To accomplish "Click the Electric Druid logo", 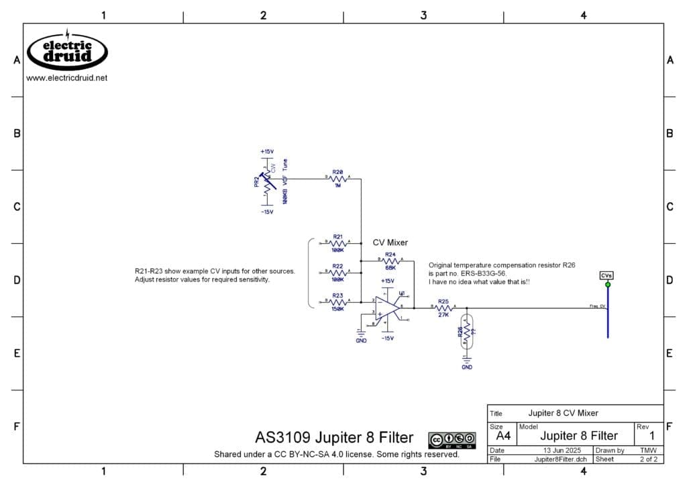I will [66, 52].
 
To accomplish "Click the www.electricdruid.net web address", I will [66, 78].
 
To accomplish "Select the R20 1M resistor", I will [338, 179].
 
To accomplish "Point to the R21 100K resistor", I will [338, 243].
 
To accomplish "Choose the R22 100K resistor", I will [338, 273].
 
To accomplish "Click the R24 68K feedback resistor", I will [390, 260].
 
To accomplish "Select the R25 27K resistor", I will [443, 308].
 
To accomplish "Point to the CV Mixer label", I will [390, 242].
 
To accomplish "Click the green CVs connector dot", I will [608, 285].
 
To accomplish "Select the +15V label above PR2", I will [266, 152].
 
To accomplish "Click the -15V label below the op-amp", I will [387, 339].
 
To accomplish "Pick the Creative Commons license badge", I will [452, 440].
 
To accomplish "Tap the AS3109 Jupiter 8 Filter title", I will [334, 437].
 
